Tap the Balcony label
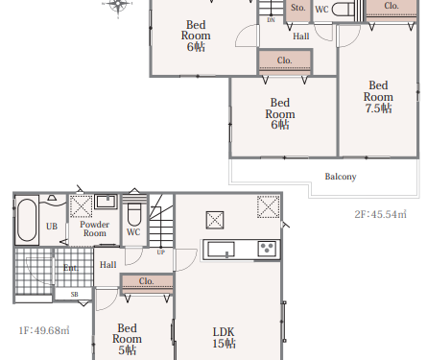[x=341, y=177]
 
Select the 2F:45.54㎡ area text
[x=380, y=214]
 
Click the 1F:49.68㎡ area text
[x=44, y=330]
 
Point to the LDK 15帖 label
[x=224, y=338]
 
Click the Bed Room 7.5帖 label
[x=378, y=97]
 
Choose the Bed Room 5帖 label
[x=127, y=339]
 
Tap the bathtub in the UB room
[x=27, y=220]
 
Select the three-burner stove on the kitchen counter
[x=267, y=249]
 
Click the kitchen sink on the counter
[x=221, y=249]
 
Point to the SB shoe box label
[x=74, y=294]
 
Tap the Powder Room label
[x=95, y=228]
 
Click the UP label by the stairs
[x=161, y=252]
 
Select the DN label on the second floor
[x=271, y=20]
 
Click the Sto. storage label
[x=298, y=8]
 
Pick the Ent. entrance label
[x=71, y=268]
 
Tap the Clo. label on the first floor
[x=147, y=281]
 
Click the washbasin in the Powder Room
[x=106, y=202]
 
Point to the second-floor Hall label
[x=301, y=36]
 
